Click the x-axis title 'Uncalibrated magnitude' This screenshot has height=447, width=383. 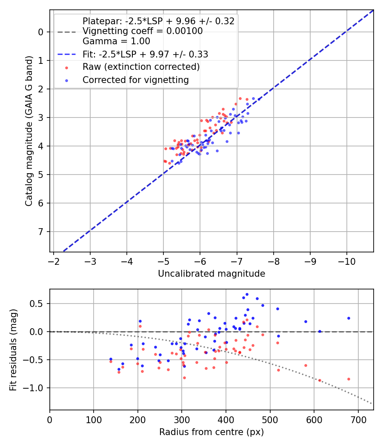tap(212, 274)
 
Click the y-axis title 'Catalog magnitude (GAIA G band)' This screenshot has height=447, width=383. tap(29, 131)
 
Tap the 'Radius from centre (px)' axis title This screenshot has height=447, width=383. tap(212, 432)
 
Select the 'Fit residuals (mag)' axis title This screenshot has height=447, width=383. tap(13, 350)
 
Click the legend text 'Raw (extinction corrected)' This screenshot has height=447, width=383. tap(141, 67)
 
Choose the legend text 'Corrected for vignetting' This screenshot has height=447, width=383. tap(136, 80)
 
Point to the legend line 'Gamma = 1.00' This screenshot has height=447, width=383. tap(116, 41)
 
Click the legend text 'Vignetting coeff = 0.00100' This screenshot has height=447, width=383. tap(143, 31)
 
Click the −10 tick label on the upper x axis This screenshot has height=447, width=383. tap(346, 261)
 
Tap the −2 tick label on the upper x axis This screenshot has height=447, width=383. tap(53, 261)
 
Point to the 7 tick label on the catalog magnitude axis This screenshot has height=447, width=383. tap(41, 232)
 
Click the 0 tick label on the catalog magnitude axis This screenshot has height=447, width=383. tap(41, 32)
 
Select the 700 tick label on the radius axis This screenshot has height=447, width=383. tap(358, 420)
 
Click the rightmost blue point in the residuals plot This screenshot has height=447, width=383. tap(349, 318)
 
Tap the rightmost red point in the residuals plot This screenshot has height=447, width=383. tap(349, 379)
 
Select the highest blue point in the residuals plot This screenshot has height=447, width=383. tap(247, 295)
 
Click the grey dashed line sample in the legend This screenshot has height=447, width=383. tap(67, 32)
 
